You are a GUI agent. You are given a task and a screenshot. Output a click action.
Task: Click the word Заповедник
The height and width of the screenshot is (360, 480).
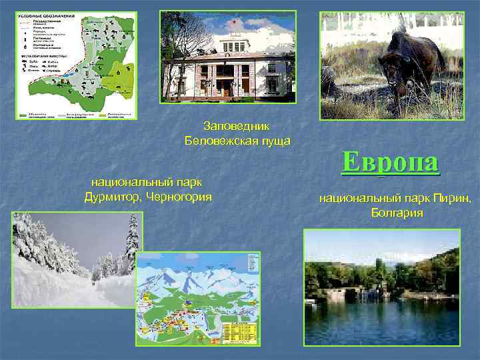(237, 126)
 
